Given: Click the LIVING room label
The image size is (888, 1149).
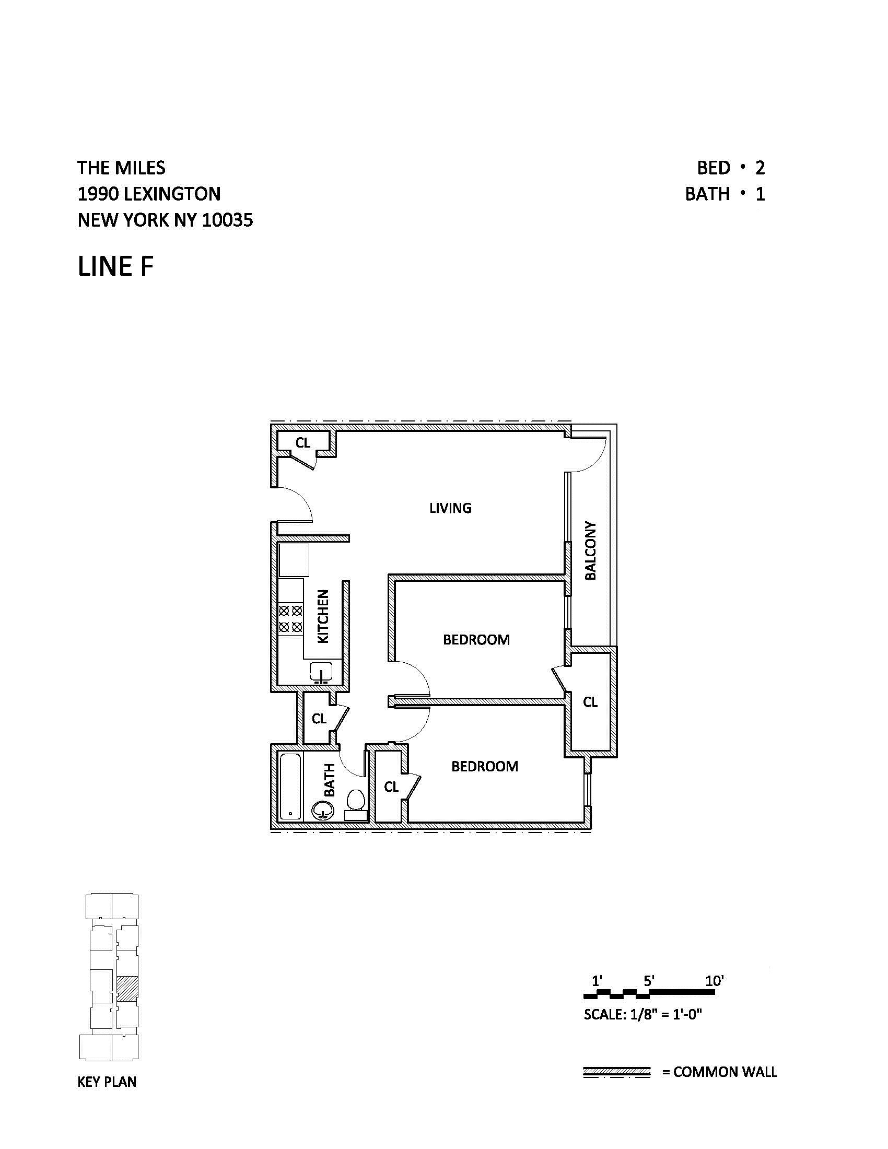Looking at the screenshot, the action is (x=450, y=508).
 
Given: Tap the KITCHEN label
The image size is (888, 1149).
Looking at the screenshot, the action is (x=323, y=616).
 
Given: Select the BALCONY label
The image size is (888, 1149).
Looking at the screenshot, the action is (x=591, y=551).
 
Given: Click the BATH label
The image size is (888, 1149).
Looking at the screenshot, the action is (x=329, y=780).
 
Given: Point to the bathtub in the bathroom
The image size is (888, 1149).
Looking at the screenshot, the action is (x=290, y=787).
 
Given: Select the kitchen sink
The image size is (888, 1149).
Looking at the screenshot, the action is (x=320, y=672).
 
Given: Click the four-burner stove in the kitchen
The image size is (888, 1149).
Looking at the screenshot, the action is (x=290, y=619).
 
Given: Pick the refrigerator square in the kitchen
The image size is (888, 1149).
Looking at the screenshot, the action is (x=294, y=560).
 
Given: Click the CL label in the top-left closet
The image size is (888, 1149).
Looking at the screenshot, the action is (x=302, y=443).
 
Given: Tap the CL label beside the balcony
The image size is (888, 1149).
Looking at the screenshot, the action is (x=590, y=702).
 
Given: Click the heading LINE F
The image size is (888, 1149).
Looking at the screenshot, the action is (x=116, y=266).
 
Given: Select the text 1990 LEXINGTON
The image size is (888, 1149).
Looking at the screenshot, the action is (x=149, y=194).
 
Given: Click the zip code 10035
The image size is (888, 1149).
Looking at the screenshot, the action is (x=227, y=220).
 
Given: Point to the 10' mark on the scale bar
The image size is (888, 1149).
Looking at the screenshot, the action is (x=715, y=981).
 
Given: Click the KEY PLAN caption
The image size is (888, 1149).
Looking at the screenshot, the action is (x=107, y=1082).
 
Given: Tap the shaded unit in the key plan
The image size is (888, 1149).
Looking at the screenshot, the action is (x=127, y=989).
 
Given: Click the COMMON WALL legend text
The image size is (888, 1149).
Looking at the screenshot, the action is (x=725, y=1072).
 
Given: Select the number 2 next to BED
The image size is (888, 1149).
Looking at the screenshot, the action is (x=760, y=168).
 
